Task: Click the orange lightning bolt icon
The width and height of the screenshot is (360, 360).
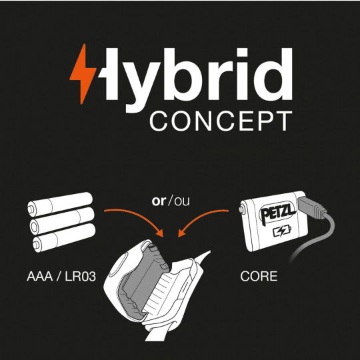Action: (83, 74)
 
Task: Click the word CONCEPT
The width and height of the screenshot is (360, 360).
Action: (221, 121)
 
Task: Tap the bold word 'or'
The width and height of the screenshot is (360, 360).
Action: (159, 201)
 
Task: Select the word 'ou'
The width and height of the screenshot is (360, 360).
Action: (182, 201)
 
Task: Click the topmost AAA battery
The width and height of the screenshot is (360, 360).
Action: (60, 204)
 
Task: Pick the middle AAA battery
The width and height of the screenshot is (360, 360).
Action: (62, 221)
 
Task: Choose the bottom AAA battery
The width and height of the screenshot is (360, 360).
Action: (64, 237)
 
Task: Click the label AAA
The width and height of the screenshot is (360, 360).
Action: (40, 276)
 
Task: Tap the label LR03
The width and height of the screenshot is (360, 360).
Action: (81, 276)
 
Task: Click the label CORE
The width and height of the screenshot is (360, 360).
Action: (259, 276)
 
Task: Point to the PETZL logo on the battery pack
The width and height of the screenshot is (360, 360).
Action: (277, 213)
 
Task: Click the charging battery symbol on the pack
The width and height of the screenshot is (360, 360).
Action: (282, 231)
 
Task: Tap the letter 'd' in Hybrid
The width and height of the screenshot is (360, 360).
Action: (275, 74)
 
